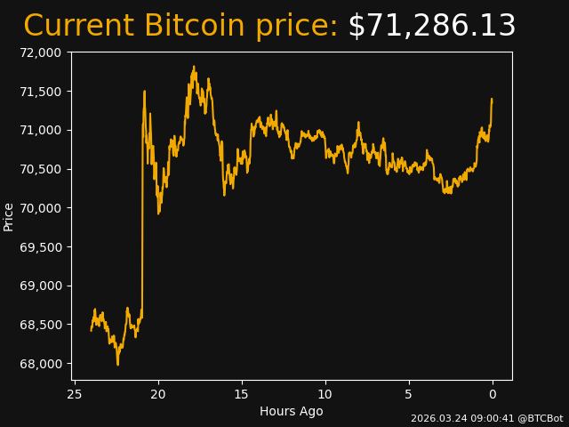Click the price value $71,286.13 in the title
(431, 27)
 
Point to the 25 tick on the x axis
(75, 394)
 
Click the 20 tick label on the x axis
(158, 394)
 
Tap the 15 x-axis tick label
(242, 394)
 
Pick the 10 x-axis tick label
(325, 394)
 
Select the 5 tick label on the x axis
(409, 394)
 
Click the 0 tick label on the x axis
(493, 394)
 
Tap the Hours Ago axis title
(292, 411)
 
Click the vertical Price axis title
(9, 216)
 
